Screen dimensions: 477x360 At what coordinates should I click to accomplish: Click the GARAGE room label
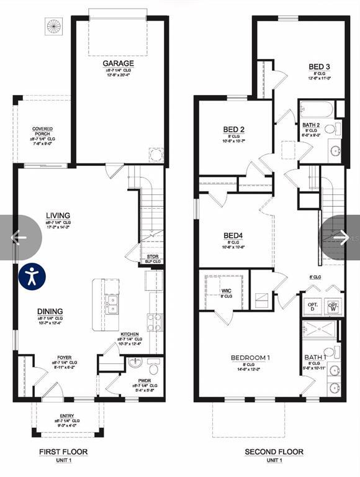(x=118, y=63)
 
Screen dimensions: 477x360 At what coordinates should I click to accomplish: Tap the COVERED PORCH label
(x=43, y=132)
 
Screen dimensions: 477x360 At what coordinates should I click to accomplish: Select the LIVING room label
(x=58, y=216)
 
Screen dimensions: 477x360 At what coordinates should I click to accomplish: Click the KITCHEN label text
(x=130, y=334)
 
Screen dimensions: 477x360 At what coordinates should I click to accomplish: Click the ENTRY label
(x=67, y=416)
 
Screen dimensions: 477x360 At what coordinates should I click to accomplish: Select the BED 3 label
(x=319, y=67)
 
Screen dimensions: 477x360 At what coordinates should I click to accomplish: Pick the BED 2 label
(x=234, y=129)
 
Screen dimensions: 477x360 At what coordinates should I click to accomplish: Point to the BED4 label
(x=233, y=235)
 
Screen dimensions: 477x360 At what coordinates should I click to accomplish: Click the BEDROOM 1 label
(x=250, y=358)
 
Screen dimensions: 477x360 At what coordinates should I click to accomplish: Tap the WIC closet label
(x=226, y=289)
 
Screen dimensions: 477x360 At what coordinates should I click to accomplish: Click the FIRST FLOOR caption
(x=63, y=452)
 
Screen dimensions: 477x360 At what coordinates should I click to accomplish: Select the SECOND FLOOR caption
(x=274, y=452)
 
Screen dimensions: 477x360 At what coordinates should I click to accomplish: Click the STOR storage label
(x=153, y=257)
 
